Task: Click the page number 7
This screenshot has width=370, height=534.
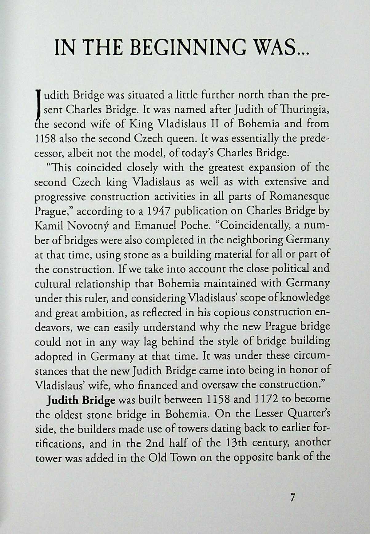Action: [x=292, y=497]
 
